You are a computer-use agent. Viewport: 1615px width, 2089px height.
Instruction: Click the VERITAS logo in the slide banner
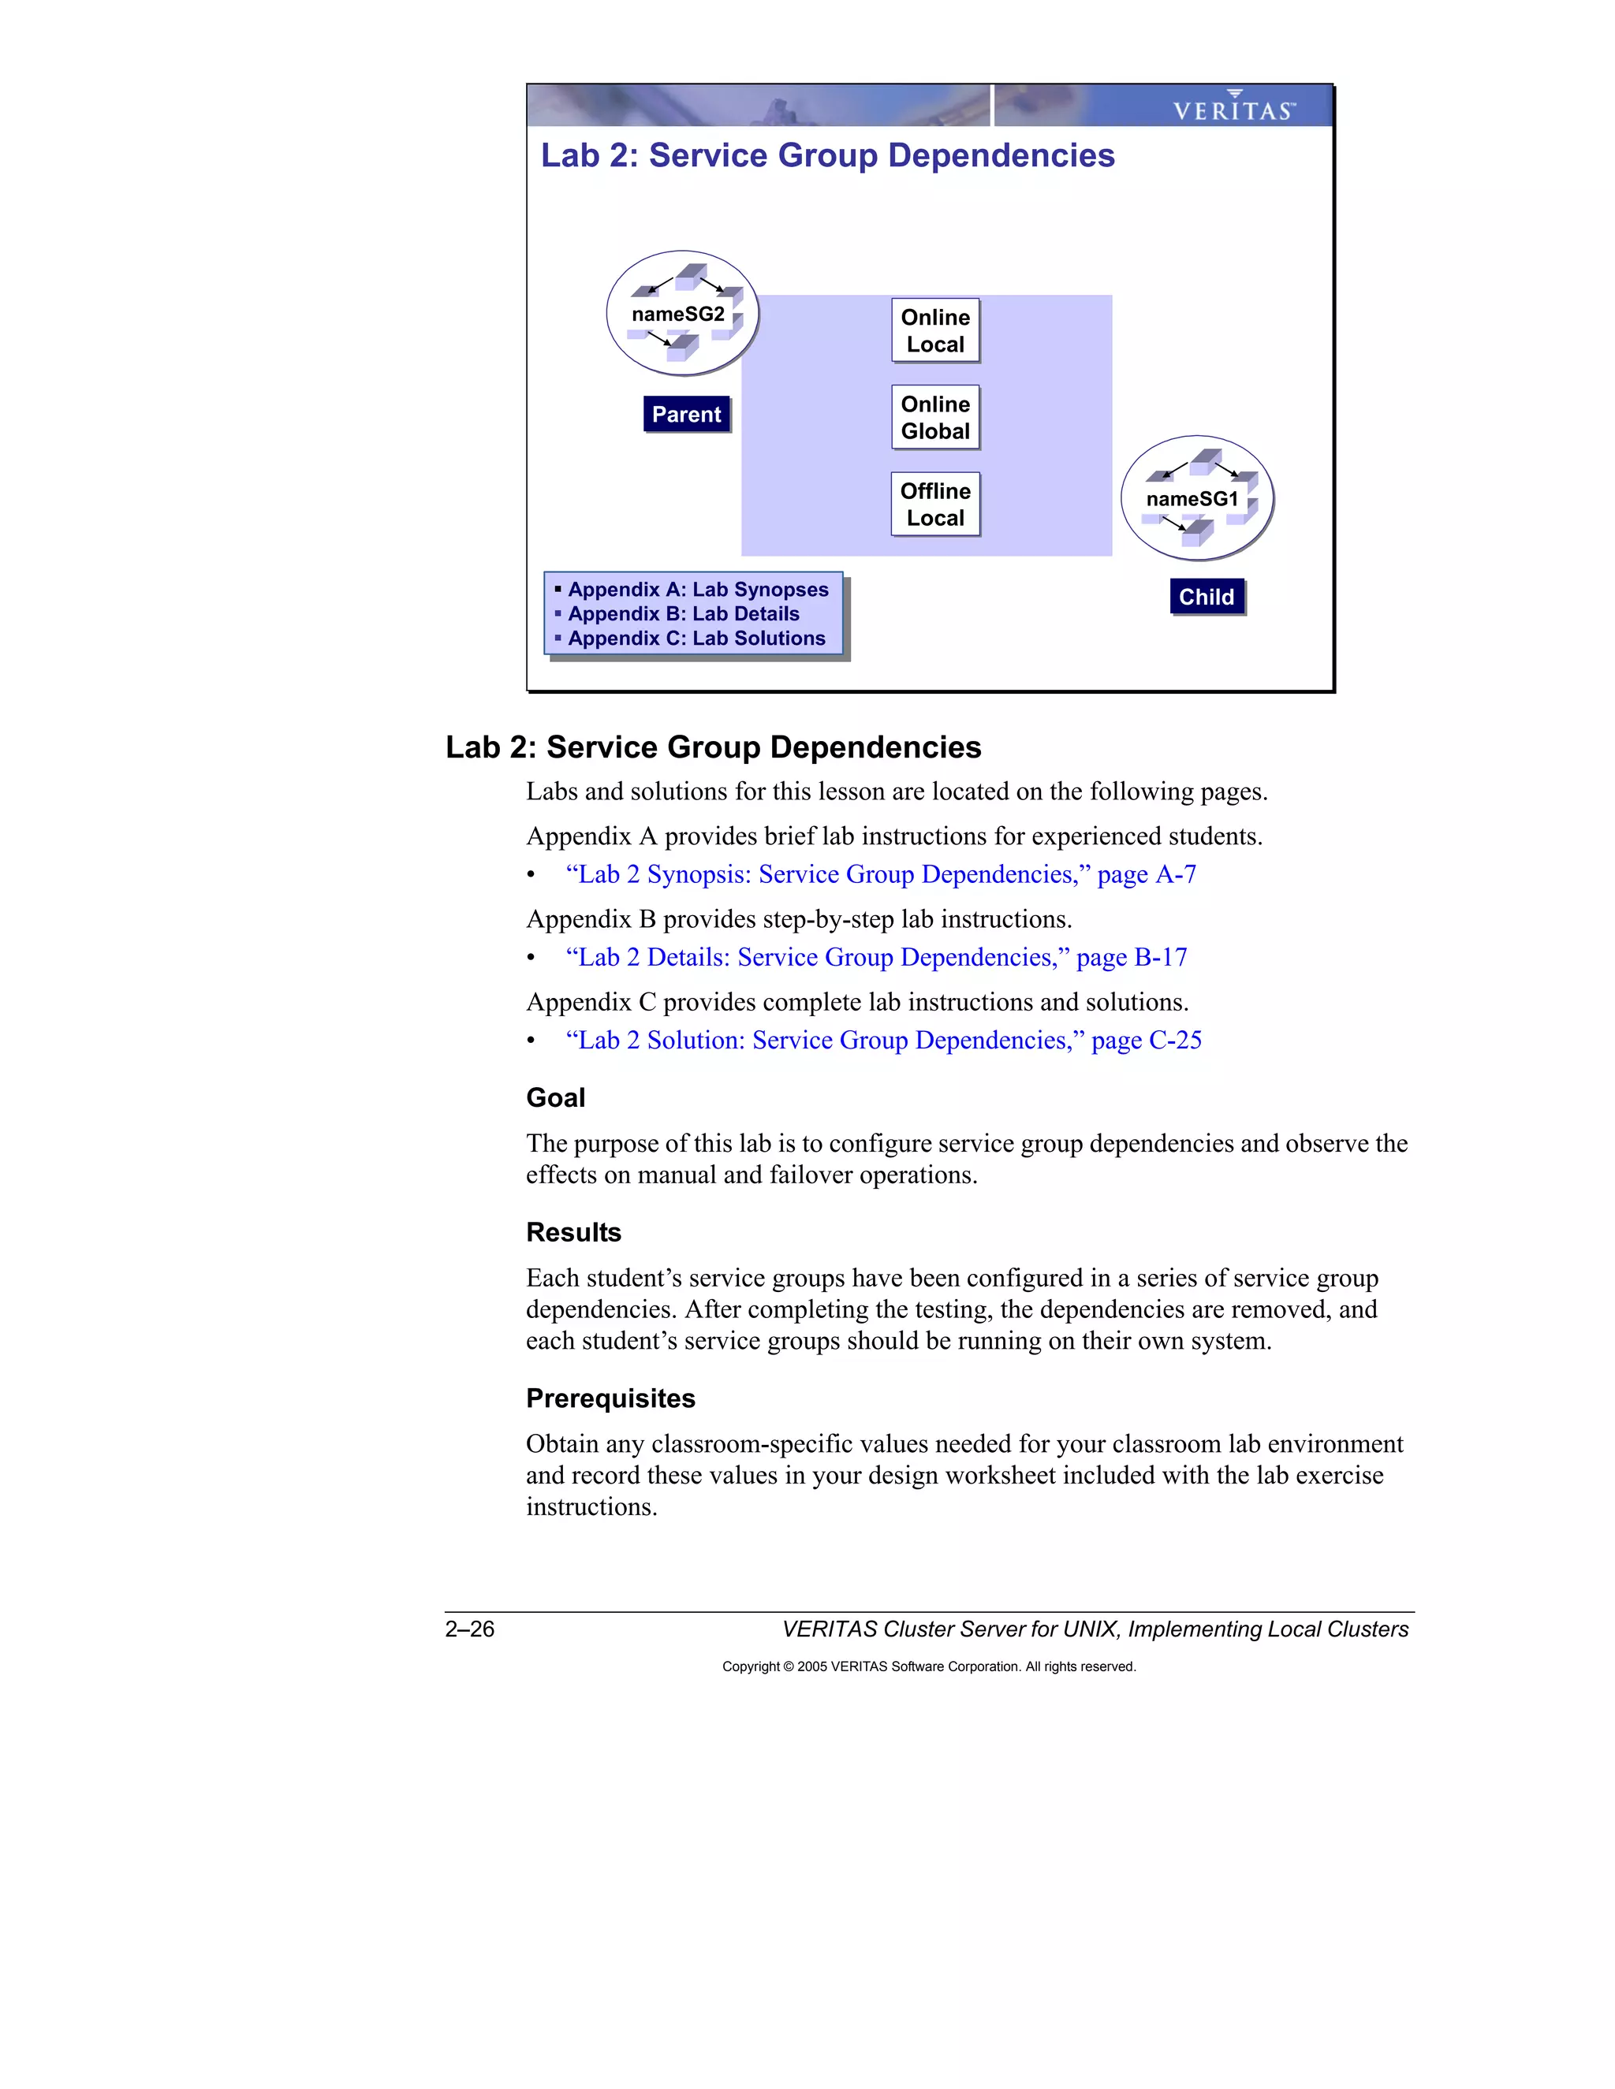(x=1233, y=108)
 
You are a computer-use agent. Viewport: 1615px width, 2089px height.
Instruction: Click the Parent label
(x=686, y=414)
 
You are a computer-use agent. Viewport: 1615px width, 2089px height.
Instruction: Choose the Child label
(x=1206, y=597)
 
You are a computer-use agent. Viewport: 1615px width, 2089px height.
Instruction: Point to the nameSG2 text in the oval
(x=677, y=315)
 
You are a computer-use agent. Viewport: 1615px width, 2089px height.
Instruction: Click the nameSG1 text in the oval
(x=1192, y=499)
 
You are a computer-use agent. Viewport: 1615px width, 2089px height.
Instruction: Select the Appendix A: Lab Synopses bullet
(x=697, y=589)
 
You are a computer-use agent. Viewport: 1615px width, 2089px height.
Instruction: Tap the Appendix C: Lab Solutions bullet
(x=696, y=638)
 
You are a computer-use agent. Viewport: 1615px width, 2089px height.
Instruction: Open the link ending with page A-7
(x=880, y=874)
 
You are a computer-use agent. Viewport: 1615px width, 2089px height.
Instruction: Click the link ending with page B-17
(x=875, y=958)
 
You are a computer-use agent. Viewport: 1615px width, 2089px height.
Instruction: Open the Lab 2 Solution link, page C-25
(x=883, y=1041)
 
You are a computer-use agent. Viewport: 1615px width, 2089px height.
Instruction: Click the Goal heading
(x=555, y=1098)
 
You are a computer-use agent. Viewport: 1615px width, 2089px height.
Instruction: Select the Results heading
(x=573, y=1232)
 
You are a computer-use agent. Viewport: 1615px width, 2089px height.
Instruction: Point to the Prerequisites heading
(x=610, y=1398)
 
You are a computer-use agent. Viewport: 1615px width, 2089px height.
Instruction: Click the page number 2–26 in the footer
(x=469, y=1629)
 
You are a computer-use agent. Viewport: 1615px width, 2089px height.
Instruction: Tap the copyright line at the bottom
(x=928, y=1666)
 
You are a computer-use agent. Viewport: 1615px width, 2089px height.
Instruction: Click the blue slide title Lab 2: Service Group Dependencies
(x=827, y=156)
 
